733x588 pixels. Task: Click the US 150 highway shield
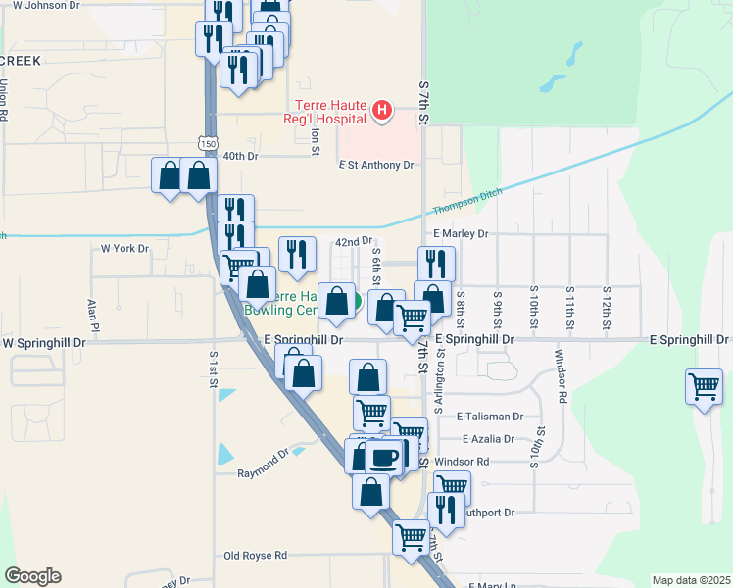click(207, 143)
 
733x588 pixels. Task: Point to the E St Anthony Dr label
click(376, 165)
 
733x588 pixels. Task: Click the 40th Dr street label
click(240, 156)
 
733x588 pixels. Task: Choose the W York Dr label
click(124, 249)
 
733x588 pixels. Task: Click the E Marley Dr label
click(460, 234)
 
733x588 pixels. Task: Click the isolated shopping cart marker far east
click(704, 387)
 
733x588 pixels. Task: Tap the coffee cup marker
click(384, 457)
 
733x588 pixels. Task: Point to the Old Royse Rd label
click(255, 555)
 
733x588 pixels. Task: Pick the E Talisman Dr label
click(490, 416)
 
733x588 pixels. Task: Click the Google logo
click(32, 576)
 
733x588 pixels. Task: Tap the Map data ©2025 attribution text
click(691, 580)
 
